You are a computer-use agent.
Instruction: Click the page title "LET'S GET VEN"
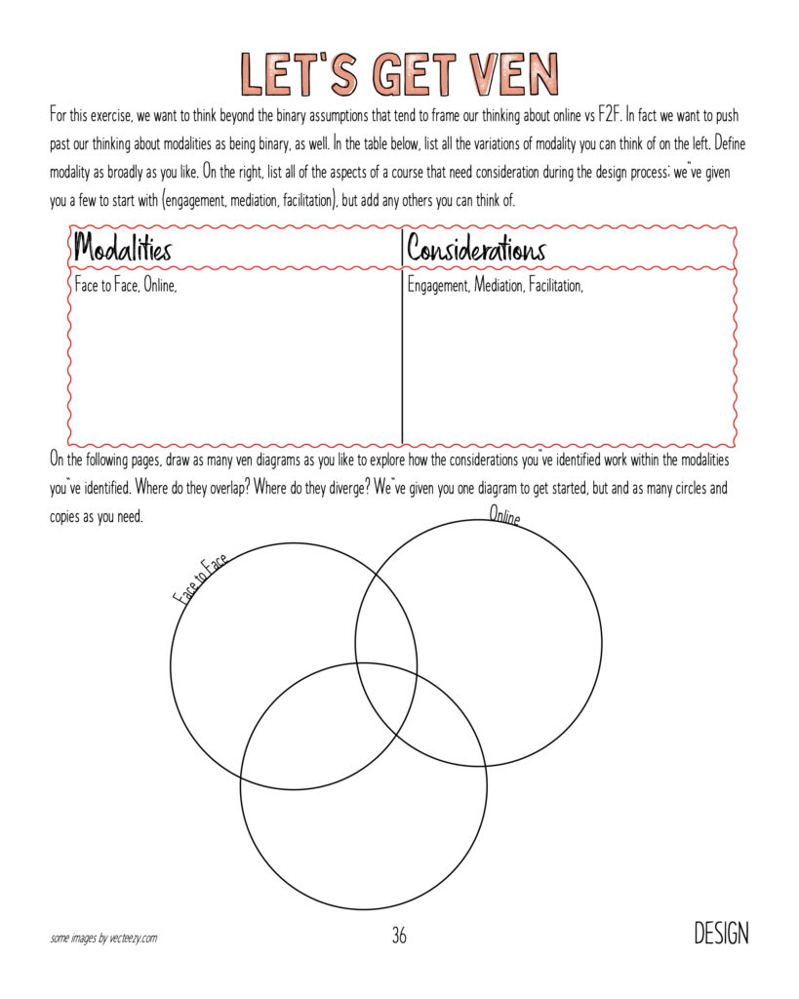click(399, 74)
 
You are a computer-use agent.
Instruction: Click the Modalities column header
click(123, 249)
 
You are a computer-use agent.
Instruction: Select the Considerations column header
click(476, 249)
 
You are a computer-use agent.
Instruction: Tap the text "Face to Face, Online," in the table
click(126, 288)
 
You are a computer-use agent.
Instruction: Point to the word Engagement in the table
click(438, 288)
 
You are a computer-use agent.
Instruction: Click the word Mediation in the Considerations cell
click(499, 288)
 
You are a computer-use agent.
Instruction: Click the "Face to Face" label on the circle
click(201, 579)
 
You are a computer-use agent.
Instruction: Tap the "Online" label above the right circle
click(504, 516)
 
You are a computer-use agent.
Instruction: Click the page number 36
click(399, 937)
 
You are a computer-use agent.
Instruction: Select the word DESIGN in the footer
click(721, 934)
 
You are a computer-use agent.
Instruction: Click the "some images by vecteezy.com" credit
click(103, 939)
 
